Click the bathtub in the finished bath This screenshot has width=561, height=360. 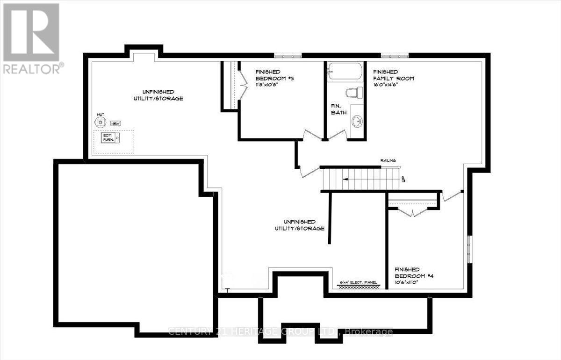345,73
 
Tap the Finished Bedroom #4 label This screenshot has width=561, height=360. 414,273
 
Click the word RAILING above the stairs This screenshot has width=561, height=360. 388,160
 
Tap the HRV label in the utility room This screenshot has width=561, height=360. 115,124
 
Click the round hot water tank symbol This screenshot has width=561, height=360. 100,122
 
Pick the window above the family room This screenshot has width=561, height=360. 394,56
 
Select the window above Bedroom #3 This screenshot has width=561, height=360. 288,56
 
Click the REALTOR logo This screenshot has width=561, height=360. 31,37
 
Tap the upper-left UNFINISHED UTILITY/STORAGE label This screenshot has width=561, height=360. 156,95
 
